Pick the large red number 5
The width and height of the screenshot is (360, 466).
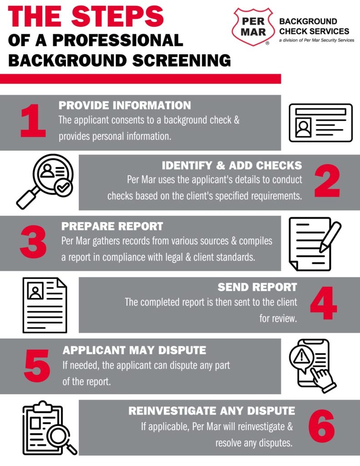(37, 367)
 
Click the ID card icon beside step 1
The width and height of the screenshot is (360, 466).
(321, 123)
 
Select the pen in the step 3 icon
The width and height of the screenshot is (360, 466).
(330, 236)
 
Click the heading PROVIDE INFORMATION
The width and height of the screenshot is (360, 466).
(125, 106)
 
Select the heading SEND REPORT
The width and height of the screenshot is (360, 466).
(257, 287)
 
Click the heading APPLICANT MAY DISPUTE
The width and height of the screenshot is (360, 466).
(134, 350)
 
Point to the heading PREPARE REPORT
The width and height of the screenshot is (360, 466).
(112, 226)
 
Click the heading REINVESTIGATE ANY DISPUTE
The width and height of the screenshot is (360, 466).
(212, 411)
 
